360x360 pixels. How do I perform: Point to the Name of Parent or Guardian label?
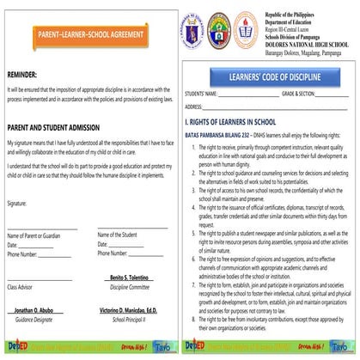tap(34, 235)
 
